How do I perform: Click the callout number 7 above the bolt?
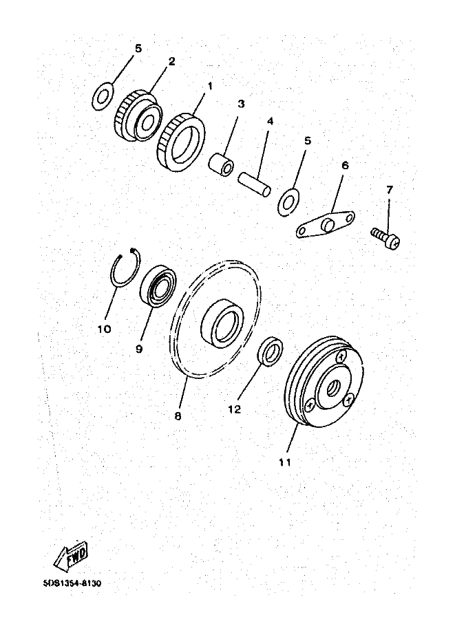[390, 189]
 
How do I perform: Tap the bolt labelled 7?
[385, 238]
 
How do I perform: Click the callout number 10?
[104, 329]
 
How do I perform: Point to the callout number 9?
[139, 349]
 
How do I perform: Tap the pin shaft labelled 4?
[255, 184]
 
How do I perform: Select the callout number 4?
[271, 121]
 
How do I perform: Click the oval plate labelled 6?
[326, 226]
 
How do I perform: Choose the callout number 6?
[345, 165]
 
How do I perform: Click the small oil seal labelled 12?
[271, 351]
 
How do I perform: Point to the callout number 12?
[235, 409]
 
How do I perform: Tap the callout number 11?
[284, 462]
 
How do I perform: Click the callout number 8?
[178, 417]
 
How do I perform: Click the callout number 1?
[210, 86]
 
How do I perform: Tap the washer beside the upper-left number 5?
[103, 96]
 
